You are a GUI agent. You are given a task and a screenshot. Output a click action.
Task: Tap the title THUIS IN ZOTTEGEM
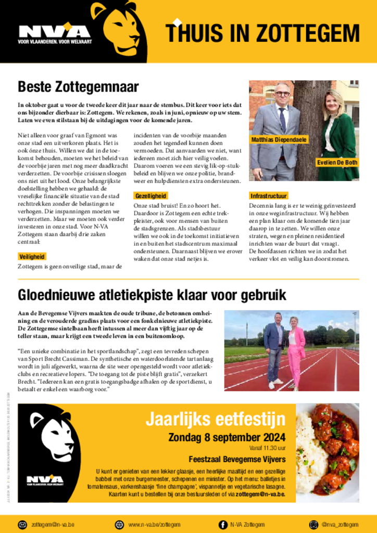tap(262, 33)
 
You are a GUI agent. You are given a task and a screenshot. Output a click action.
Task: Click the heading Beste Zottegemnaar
tap(78, 86)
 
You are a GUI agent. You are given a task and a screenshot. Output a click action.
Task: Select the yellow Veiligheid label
tap(32, 257)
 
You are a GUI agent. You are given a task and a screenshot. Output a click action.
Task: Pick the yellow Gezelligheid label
tap(151, 196)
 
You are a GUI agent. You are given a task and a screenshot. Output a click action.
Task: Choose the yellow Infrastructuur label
tap(269, 196)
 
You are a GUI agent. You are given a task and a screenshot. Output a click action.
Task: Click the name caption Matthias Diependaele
tap(279, 139)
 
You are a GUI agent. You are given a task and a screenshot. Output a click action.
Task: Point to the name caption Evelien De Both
tap(337, 162)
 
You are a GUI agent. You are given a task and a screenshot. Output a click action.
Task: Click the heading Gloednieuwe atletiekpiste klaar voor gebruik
tap(152, 295)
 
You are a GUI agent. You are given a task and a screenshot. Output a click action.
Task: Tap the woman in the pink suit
tap(296, 351)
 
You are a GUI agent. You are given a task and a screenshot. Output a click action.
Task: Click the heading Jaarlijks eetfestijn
tap(215, 418)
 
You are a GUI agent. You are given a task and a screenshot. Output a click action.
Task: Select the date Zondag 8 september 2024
tap(227, 437)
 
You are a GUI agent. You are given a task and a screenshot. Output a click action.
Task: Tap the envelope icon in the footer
tap(22, 524)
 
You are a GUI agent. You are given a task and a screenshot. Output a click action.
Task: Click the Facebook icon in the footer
tap(223, 524)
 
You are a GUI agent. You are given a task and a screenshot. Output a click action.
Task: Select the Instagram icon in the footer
tap(313, 524)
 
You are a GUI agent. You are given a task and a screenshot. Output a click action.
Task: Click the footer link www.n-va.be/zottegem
tap(154, 524)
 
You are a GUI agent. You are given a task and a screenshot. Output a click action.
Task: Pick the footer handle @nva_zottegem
tap(340, 524)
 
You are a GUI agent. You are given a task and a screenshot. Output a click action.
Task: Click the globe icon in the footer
tap(119, 524)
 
